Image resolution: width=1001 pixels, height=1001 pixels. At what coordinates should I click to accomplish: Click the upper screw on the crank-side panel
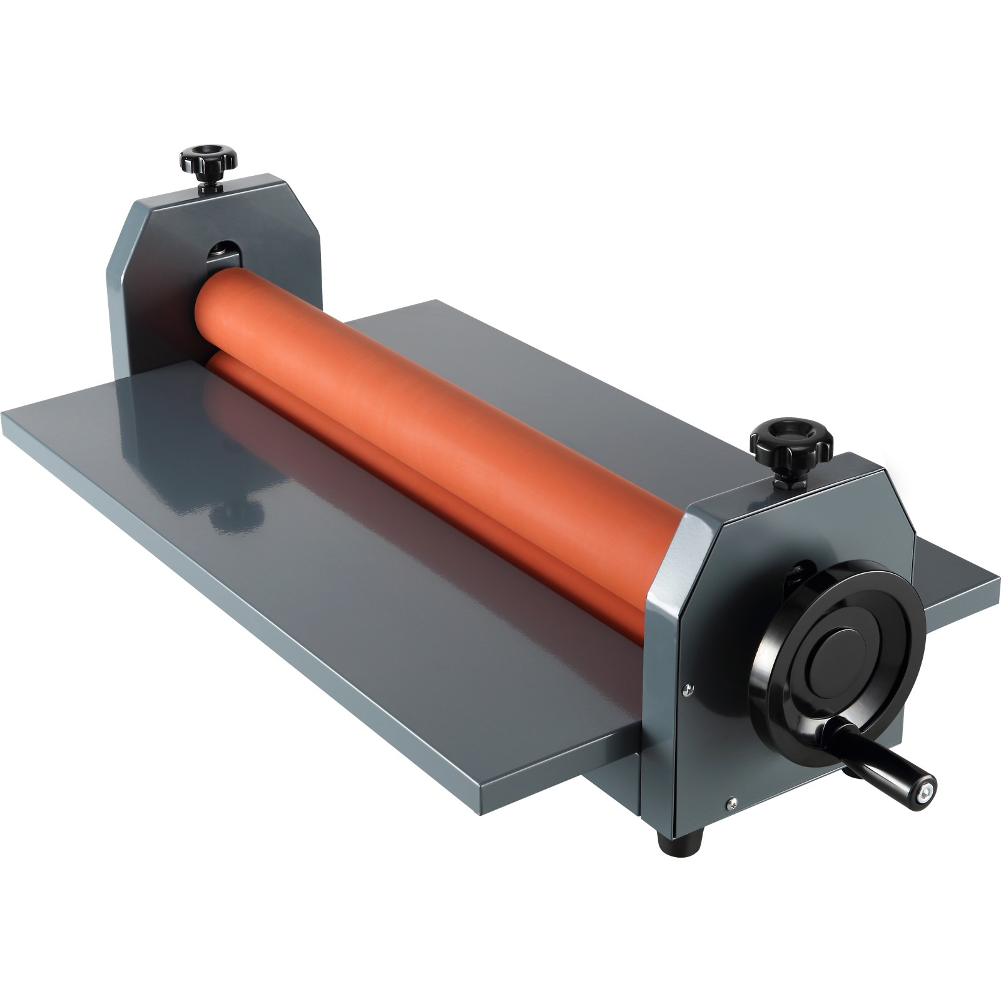point(688,689)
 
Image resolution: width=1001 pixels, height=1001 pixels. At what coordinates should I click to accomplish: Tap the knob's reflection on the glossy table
point(235,514)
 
